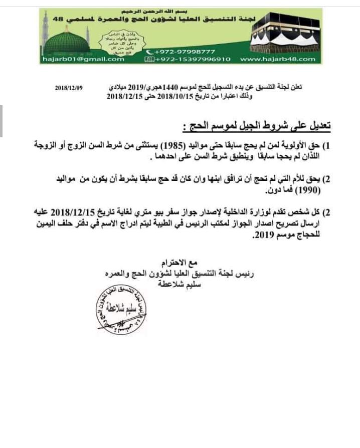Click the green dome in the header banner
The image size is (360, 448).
(x=66, y=41)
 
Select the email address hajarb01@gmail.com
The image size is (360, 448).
(x=82, y=59)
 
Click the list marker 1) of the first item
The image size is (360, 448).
(x=329, y=146)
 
